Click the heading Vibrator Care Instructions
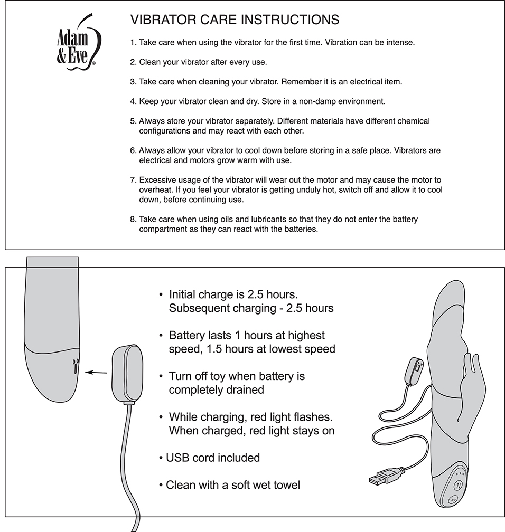pyautogui.click(x=235, y=20)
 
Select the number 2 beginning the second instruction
pyautogui.click(x=133, y=62)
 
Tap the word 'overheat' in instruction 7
pyautogui.click(x=156, y=189)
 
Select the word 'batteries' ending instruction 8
pyautogui.click(x=300, y=229)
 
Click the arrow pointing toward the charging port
pyautogui.click(x=96, y=373)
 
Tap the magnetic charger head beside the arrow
pyautogui.click(x=127, y=373)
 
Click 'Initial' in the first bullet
pyautogui.click(x=185, y=294)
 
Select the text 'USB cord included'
pyautogui.click(x=213, y=458)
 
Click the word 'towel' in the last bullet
pyautogui.click(x=285, y=484)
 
